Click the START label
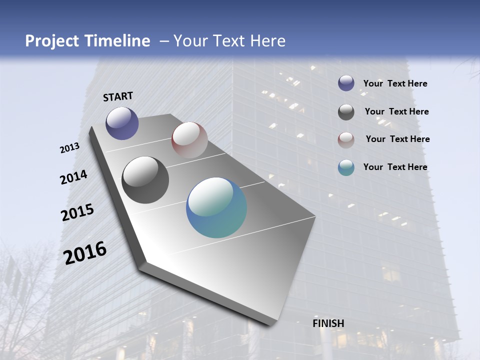click(118, 96)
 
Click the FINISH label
click(328, 323)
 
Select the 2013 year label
click(70, 148)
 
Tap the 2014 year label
click(74, 177)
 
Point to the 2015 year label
click(77, 212)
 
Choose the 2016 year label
click(85, 253)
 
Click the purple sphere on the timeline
click(122, 123)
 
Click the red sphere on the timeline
click(189, 140)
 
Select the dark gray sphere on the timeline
click(145, 180)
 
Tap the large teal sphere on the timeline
click(216, 207)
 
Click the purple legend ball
click(346, 83)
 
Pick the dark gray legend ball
click(346, 112)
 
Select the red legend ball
click(346, 140)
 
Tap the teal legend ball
click(346, 167)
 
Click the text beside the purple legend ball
click(395, 83)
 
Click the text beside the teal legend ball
click(395, 167)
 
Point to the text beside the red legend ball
click(397, 139)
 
